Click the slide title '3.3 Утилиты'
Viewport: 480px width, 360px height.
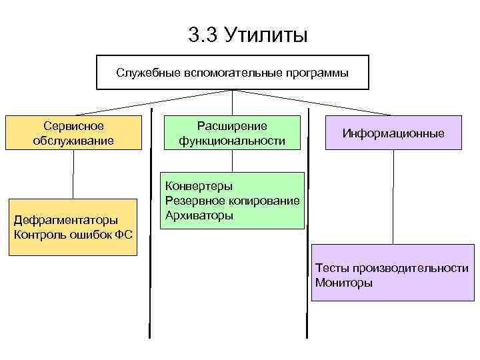coord(248,34)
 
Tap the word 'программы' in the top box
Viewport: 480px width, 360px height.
coord(317,71)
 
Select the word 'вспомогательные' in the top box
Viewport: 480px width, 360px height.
coord(229,71)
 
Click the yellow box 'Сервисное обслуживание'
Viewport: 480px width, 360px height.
coord(73,133)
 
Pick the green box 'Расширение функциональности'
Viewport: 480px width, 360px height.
coord(231,133)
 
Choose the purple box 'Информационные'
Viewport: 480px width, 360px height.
coord(393,133)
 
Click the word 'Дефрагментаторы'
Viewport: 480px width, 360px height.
coord(65,219)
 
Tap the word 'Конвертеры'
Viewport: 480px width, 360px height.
coord(199,186)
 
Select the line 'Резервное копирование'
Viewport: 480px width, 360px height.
coord(232,201)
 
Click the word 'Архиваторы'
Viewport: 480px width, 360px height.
coord(199,215)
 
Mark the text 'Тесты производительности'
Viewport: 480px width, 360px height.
coord(392,268)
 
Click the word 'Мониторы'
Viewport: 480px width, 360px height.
coord(344,283)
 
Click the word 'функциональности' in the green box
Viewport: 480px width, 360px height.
coord(231,141)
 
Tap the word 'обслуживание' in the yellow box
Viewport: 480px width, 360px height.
coord(73,141)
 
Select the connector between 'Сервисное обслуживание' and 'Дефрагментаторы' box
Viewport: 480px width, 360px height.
coord(73,174)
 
